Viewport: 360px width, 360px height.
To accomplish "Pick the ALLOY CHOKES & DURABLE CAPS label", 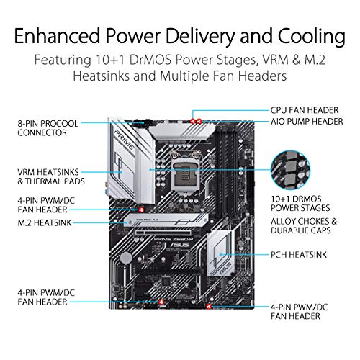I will coord(307,227).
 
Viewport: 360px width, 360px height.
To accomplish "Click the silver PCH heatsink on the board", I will coord(222,254).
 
